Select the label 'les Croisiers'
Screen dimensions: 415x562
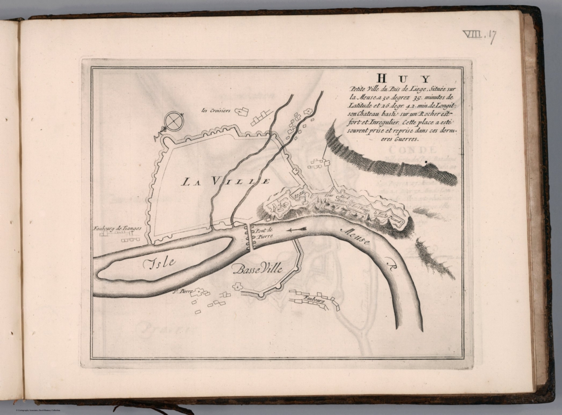[216, 110]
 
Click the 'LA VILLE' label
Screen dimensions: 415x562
[226, 181]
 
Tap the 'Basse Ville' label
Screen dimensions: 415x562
[258, 270]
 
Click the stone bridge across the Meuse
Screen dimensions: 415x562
[250, 237]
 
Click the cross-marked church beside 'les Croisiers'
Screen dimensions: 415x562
[239, 111]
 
